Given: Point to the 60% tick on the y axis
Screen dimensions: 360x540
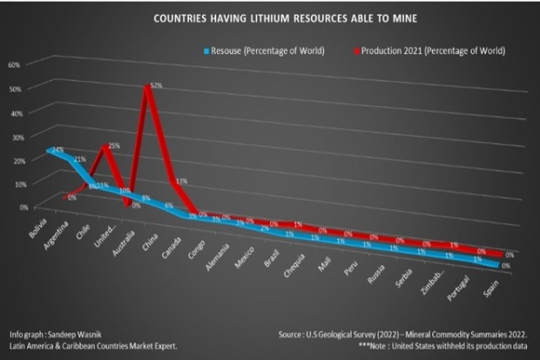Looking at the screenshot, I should (x=14, y=65).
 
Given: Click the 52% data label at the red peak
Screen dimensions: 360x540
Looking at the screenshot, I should (x=157, y=85).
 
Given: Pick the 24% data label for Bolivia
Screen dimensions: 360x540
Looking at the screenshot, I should (x=57, y=150).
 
